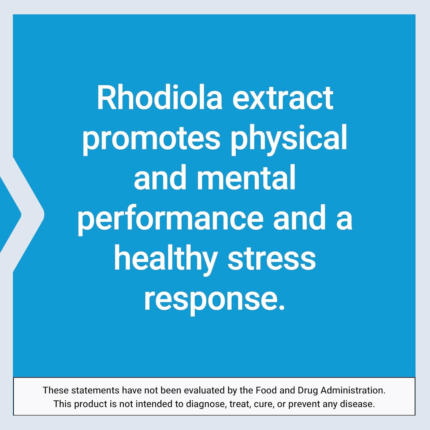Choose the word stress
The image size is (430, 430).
click(x=271, y=259)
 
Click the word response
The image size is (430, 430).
click(x=214, y=300)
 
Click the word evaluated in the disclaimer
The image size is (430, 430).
click(x=203, y=390)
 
